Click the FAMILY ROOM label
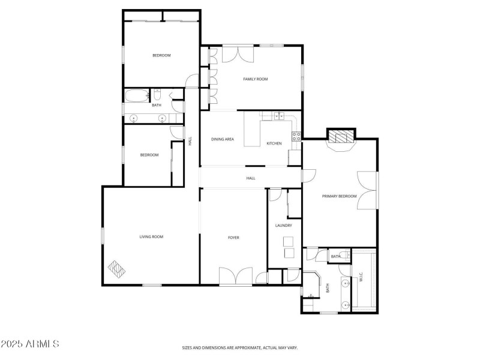tap(255, 79)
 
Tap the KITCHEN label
tap(274, 143)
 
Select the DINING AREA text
tap(223, 139)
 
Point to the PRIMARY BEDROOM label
tap(339, 196)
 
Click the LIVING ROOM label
tap(151, 236)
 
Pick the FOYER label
tap(233, 238)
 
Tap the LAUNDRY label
tap(283, 226)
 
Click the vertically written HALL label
tap(190, 142)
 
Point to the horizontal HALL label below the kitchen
tap(251, 178)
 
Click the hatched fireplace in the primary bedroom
tap(341, 137)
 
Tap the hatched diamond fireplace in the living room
tap(116, 269)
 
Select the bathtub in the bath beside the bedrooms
tap(134, 95)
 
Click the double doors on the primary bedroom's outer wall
tap(367, 191)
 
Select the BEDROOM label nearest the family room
tap(161, 56)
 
